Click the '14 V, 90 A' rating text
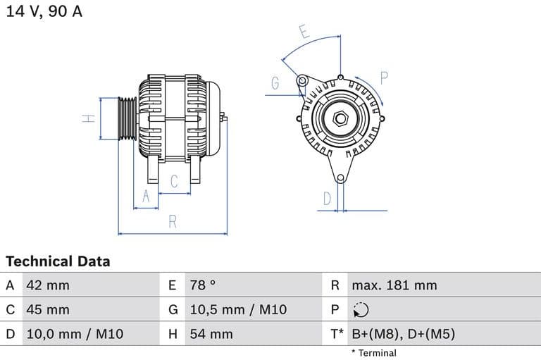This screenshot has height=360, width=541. click(x=44, y=12)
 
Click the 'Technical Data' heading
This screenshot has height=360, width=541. click(x=58, y=261)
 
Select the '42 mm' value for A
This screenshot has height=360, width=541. click(x=48, y=285)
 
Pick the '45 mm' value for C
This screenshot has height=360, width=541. click(x=48, y=309)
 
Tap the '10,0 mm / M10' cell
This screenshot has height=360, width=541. click(x=74, y=334)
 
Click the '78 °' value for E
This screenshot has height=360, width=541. click(x=203, y=285)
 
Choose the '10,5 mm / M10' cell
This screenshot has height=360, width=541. click(x=238, y=309)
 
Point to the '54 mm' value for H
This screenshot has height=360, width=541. click(x=211, y=334)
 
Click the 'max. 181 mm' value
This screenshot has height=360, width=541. click(x=394, y=285)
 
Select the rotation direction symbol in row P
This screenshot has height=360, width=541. click(x=360, y=310)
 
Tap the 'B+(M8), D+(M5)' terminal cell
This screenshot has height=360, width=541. click(x=403, y=334)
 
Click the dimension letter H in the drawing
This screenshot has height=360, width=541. click(x=88, y=118)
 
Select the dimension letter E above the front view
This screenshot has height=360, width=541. click(x=304, y=32)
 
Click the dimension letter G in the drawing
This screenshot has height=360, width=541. click(x=275, y=83)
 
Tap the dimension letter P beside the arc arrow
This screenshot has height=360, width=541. click(x=385, y=77)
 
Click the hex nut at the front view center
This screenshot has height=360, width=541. click(x=340, y=118)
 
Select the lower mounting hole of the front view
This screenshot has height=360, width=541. click(x=340, y=178)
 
